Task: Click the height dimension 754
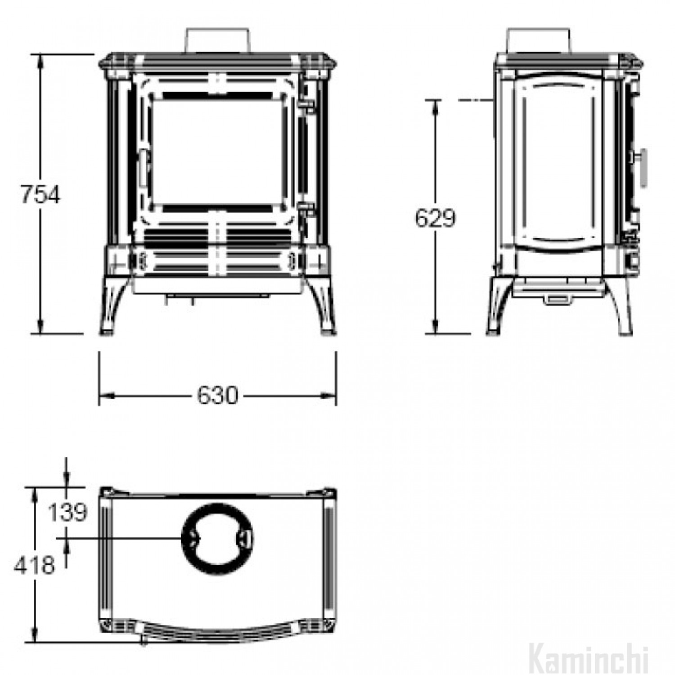coord(40,195)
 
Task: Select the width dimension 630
coord(217,396)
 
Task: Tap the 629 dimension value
coord(435,218)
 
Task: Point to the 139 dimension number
coord(67,512)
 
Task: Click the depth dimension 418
coord(34,565)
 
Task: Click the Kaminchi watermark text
coord(589,661)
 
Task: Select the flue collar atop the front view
coord(217,41)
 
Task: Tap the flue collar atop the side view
coord(539,41)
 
